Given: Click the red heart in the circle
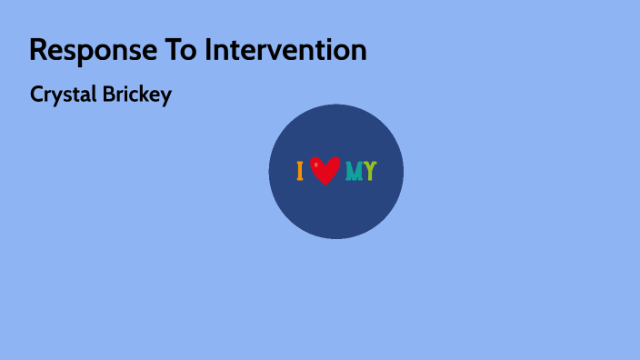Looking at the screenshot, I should click(325, 170).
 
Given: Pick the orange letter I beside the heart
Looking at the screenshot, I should click(300, 171).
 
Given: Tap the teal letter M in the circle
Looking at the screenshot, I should click(354, 171).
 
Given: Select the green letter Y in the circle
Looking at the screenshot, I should click(370, 171).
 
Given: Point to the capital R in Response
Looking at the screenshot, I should click(38, 50).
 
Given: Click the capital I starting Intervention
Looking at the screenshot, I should click(207, 50).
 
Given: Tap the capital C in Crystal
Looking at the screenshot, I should click(36, 95).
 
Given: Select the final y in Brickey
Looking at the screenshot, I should click(165, 96).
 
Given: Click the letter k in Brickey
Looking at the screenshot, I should click(143, 95).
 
